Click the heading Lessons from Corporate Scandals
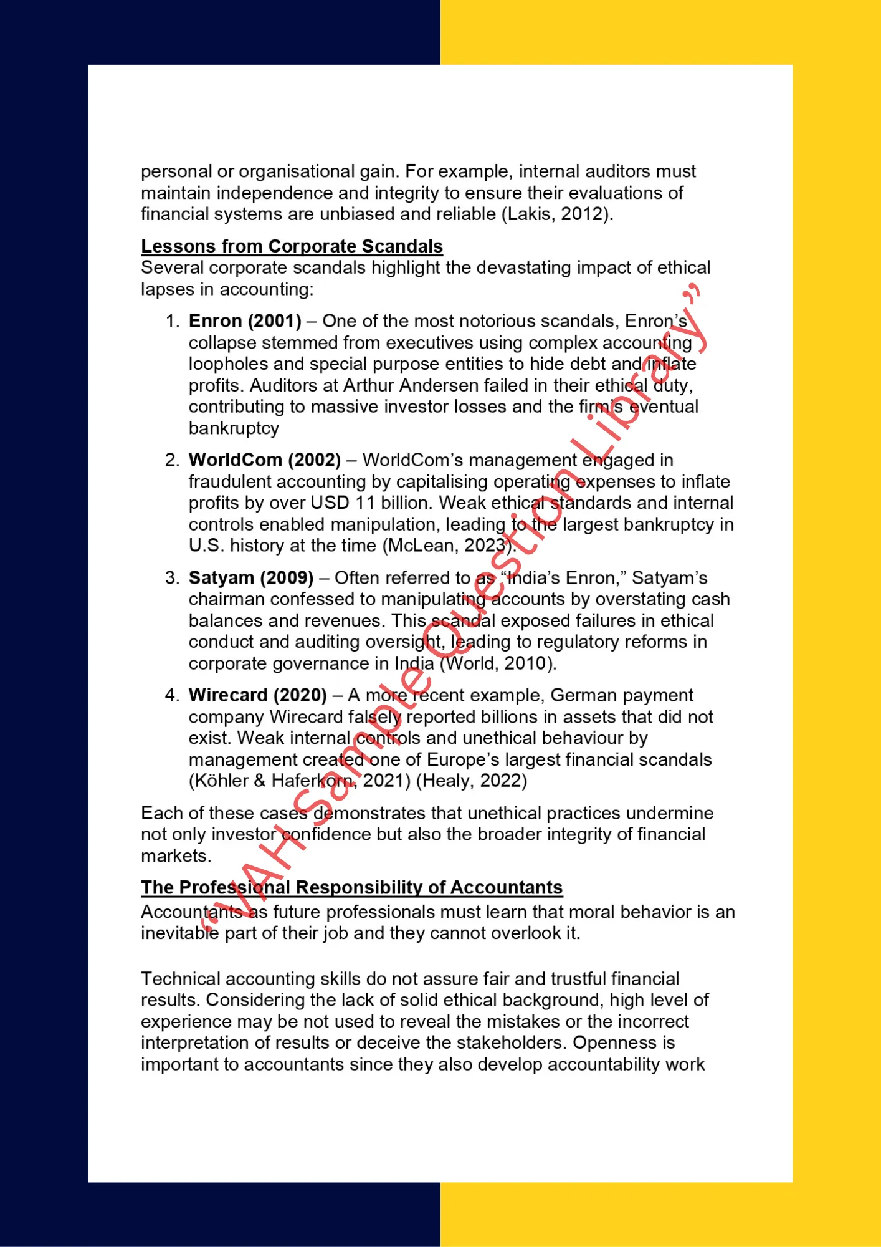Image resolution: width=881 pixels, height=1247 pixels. click(x=292, y=246)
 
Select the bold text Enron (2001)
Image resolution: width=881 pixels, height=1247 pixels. click(x=245, y=321)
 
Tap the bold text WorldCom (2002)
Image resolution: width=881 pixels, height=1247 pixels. click(x=265, y=460)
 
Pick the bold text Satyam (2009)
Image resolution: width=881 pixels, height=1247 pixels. click(x=251, y=578)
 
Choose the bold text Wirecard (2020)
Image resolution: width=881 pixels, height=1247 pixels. click(x=258, y=695)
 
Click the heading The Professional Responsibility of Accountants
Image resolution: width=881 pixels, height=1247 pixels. click(x=351, y=887)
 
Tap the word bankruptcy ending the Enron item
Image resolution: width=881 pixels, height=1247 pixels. click(x=234, y=428)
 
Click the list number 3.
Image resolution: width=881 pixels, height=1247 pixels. click(x=172, y=578)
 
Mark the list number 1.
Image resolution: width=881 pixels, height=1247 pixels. click(x=172, y=321)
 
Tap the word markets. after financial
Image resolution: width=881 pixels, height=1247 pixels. click(x=176, y=856)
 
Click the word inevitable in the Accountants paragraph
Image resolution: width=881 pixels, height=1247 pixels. click(x=180, y=933)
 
